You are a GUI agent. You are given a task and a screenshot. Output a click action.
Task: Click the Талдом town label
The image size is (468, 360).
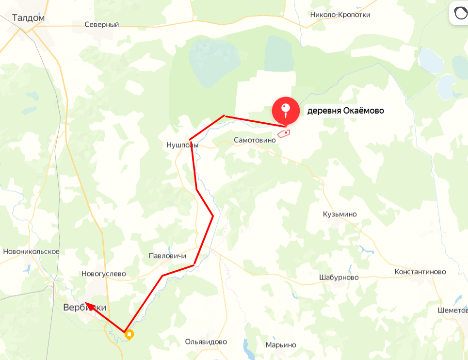29,18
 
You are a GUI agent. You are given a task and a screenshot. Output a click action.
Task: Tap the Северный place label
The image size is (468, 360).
101,24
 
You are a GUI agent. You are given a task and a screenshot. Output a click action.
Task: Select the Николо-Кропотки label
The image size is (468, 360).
340,15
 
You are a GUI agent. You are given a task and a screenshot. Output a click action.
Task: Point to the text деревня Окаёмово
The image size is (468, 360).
345,111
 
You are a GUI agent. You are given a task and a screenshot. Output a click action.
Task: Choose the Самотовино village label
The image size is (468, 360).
255,140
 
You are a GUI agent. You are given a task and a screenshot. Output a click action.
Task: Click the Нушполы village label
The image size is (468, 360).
182,145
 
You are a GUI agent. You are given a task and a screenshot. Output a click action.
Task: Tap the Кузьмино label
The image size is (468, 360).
339,214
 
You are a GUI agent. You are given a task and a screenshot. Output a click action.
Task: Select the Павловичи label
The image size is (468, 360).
168,256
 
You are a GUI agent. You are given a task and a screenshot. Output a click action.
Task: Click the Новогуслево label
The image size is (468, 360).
104,274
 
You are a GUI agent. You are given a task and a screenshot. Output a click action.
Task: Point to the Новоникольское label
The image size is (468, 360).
31,251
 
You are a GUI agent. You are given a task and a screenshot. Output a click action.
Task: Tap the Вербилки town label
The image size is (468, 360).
84,308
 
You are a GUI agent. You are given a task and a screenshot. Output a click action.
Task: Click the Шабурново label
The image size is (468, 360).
339,277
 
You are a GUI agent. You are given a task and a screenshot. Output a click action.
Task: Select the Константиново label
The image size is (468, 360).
420,272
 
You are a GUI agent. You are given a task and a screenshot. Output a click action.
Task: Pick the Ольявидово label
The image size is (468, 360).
206,342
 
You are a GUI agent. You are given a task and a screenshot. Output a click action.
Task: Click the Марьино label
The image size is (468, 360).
280,345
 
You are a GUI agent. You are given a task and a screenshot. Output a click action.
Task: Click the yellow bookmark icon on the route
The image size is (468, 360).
129,334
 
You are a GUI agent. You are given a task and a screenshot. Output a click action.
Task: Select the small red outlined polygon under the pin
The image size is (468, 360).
284,132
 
